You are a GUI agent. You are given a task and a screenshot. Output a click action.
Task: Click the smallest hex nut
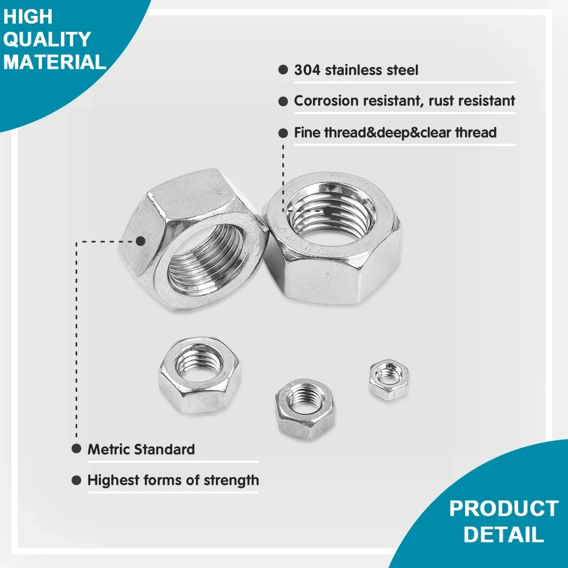388,378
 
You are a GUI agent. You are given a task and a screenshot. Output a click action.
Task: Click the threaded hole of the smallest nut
389,374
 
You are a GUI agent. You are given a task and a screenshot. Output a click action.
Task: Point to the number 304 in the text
307,70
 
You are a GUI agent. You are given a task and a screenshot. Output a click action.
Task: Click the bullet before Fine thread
283,133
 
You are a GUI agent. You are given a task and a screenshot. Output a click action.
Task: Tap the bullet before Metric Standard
76,449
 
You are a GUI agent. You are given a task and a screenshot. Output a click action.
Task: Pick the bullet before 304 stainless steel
283,70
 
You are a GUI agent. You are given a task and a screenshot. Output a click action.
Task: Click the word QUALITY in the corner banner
47,39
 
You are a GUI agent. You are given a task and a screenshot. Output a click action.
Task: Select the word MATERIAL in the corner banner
55,61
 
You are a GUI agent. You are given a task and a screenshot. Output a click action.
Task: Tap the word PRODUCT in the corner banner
504,508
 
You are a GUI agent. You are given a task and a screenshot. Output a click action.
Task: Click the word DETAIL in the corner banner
503,534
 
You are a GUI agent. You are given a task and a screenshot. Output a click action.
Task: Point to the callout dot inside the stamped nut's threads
328,210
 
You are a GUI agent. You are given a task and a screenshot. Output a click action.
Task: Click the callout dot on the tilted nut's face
140,241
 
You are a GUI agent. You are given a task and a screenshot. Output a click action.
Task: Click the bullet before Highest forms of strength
76,481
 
